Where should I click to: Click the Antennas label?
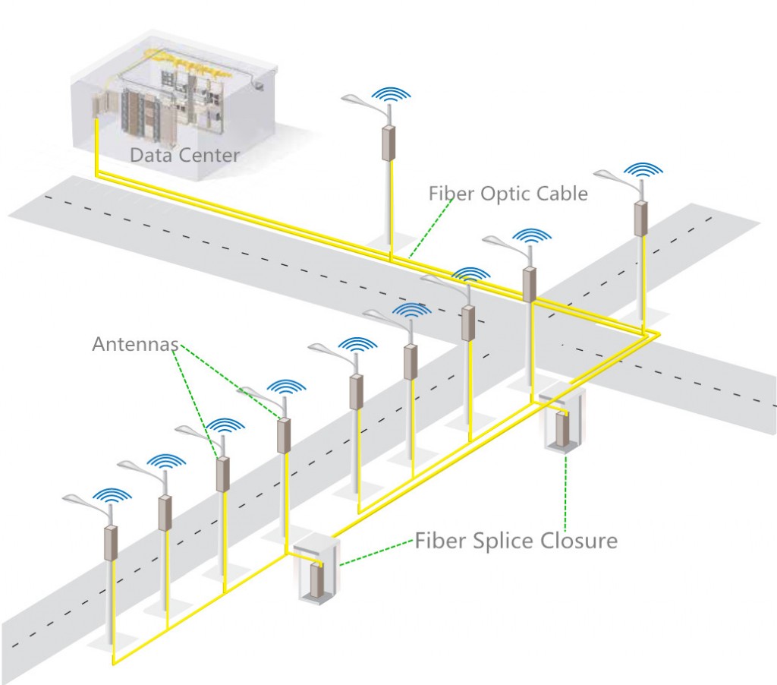pyautogui.click(x=135, y=344)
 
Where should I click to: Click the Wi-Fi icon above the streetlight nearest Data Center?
pyautogui.click(x=391, y=95)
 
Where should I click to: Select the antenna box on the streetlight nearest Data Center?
pyautogui.click(x=388, y=143)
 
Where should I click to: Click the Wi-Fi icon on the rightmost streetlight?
pyautogui.click(x=643, y=170)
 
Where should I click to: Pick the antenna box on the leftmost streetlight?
pyautogui.click(x=111, y=543)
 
